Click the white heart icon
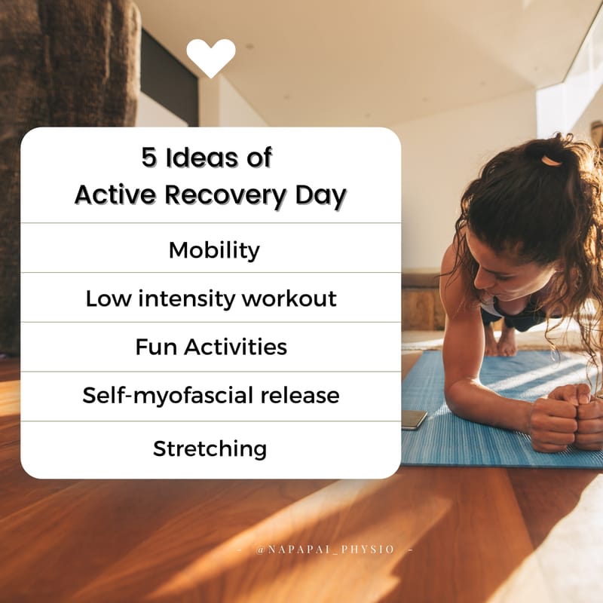(211, 57)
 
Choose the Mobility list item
(214, 249)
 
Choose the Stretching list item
(210, 448)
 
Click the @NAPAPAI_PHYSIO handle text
(325, 549)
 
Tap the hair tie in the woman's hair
(552, 161)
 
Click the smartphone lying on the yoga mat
(414, 420)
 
